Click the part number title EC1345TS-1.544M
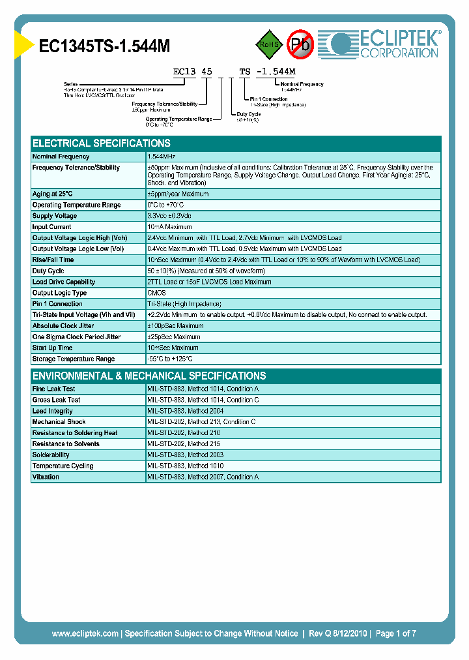point(105,46)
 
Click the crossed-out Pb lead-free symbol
point(300,44)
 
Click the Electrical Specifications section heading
point(102,143)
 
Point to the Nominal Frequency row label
point(61,157)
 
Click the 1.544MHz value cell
point(162,157)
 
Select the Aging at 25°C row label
point(53,194)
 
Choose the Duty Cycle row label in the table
point(49,271)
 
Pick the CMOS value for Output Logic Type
point(157,293)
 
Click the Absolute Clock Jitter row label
point(63,325)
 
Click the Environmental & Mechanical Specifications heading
point(149,376)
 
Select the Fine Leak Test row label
point(54,389)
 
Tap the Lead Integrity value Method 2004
point(185,411)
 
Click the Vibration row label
point(46,477)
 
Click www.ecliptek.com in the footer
point(85,633)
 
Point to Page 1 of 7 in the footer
point(395,633)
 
